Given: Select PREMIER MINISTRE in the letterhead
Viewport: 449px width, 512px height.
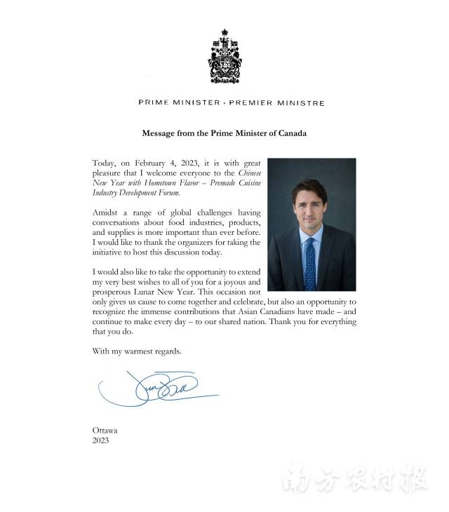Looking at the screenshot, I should [276, 103].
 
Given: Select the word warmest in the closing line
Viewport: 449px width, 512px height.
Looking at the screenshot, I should [138, 350].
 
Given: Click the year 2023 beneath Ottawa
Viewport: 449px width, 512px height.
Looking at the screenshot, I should [101, 440].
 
